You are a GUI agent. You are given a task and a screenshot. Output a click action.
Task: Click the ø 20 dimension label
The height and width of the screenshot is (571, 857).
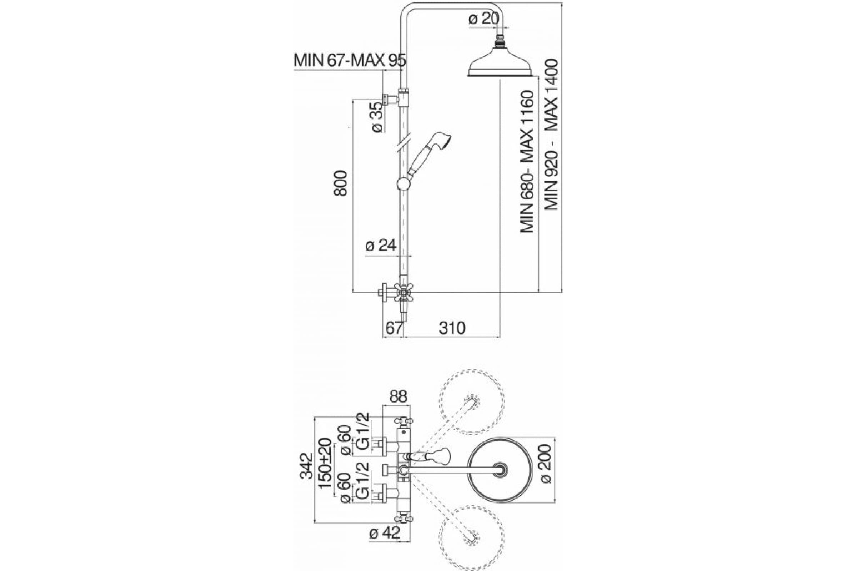point(483,19)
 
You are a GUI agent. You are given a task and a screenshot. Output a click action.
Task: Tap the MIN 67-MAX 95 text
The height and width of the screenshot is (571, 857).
point(349,60)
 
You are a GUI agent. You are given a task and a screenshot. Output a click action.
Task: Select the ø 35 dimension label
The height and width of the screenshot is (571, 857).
point(377,117)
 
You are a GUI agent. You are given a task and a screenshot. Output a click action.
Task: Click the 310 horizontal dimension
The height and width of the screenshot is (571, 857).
point(452,328)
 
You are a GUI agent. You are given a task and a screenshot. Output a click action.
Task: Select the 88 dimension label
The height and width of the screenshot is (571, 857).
point(397,396)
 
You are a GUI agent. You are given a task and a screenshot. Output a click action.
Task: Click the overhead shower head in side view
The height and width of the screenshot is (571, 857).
point(499,66)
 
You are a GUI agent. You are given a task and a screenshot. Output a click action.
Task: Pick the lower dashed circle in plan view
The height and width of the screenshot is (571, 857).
point(472,535)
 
